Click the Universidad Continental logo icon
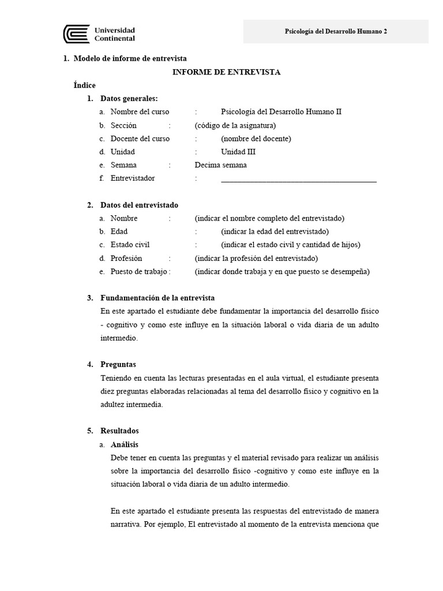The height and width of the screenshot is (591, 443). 75,34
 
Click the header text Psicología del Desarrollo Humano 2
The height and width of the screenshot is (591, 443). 336,32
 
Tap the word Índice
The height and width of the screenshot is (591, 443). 84,85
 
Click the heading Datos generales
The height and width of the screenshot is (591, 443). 129,98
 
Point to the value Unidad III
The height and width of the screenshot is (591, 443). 238,152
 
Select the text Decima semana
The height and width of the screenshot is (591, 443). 220,165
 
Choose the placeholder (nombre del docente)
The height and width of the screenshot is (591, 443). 256,139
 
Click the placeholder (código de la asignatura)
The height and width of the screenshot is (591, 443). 235,125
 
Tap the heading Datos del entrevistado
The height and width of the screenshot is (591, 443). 139,205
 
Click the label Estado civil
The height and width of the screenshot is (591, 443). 130,245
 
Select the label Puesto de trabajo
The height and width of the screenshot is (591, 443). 140,271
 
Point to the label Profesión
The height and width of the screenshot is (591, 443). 126,258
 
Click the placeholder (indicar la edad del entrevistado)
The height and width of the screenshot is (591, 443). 275,231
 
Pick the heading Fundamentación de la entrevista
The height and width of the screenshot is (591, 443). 157,298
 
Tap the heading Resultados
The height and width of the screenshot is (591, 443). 119,431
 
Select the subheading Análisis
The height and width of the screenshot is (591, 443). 124,444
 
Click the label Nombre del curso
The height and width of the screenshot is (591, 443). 140,112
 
